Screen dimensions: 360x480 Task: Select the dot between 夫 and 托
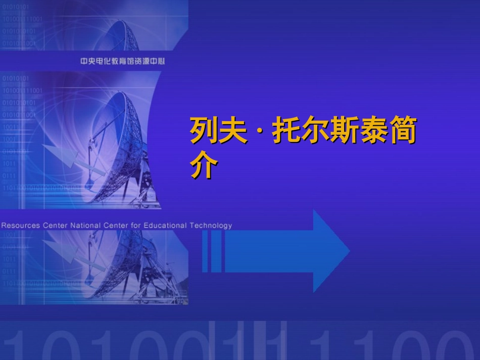(260, 133)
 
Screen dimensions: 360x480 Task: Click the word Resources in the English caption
(20, 225)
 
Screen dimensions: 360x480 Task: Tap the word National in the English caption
(85, 225)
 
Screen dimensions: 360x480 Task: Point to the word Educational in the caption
(165, 225)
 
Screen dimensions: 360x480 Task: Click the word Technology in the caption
(211, 225)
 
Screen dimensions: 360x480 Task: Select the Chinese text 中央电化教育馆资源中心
(123, 61)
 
